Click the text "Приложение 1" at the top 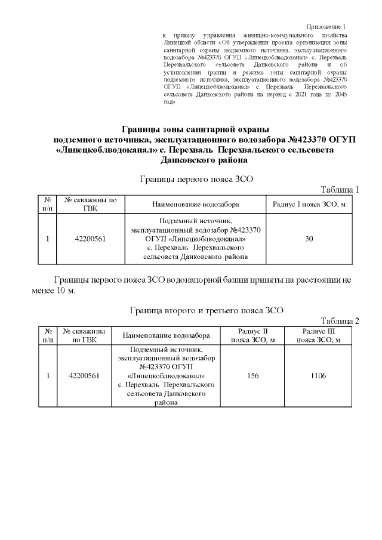point(326,27)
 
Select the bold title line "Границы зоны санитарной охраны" point(196,129)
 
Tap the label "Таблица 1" point(340,190)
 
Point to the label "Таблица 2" point(340,321)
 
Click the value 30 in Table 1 point(309,239)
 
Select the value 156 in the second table point(252,376)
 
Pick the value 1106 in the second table point(321,376)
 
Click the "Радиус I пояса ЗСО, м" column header point(309,205)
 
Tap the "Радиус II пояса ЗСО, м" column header point(252,335)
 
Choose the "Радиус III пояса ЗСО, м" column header point(321,335)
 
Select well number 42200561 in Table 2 point(84,376)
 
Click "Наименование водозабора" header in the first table point(195,205)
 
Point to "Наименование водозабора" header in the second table point(166,335)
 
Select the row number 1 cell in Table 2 point(47,376)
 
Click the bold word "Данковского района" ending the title point(196,161)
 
